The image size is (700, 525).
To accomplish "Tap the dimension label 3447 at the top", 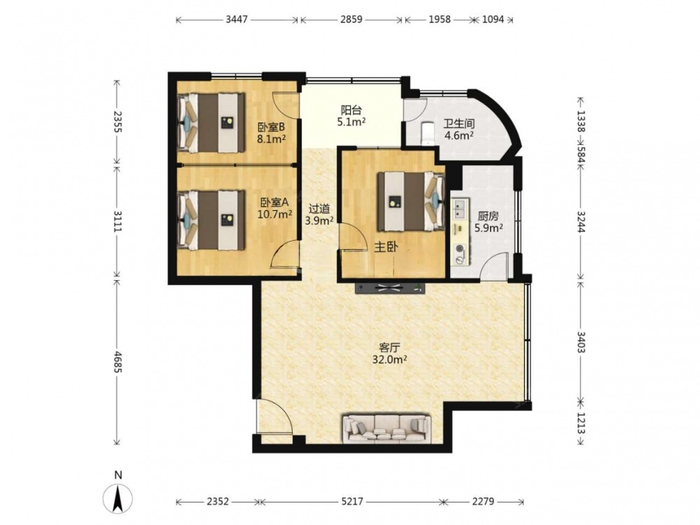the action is (237, 20).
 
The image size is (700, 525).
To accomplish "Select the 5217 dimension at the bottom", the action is (352, 502).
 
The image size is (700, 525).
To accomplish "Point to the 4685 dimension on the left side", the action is (118, 362).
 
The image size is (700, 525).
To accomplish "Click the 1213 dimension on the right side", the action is (581, 423).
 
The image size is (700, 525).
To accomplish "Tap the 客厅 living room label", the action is (388, 347).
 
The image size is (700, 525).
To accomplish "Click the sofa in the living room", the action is (386, 428).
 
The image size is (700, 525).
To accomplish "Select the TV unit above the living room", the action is (390, 288).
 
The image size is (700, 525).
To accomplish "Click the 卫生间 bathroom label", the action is (458, 124).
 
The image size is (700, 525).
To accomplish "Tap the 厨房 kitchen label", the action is (488, 216).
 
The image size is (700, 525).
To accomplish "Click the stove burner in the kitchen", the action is (459, 253).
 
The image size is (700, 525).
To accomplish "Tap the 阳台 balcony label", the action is (351, 110).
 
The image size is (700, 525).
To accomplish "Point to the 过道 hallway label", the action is (320, 209).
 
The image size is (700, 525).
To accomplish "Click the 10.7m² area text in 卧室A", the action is (275, 213).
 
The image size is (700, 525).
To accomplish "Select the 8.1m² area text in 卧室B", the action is (271, 139).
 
